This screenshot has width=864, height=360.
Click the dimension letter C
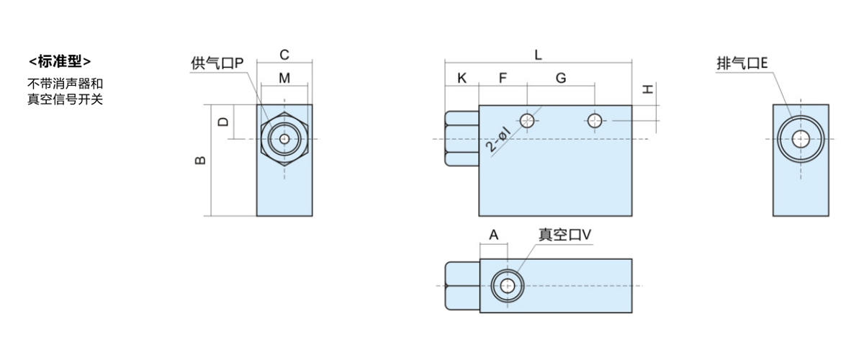pyautogui.click(x=284, y=55)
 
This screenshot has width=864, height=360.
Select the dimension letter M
pyautogui.click(x=284, y=78)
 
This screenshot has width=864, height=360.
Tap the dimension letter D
pyautogui.click(x=224, y=122)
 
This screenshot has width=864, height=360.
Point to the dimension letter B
pyautogui.click(x=201, y=160)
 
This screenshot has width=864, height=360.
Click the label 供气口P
pyautogui.click(x=217, y=63)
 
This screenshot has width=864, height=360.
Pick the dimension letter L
pyautogui.click(x=539, y=55)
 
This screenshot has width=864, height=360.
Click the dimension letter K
pyautogui.click(x=462, y=78)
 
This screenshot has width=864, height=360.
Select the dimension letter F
pyautogui.click(x=503, y=78)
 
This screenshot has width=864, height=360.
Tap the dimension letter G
pyautogui.click(x=561, y=78)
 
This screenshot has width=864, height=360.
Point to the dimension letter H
pyautogui.click(x=647, y=89)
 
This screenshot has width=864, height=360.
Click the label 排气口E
pyautogui.click(x=742, y=63)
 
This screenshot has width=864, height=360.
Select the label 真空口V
pyautogui.click(x=565, y=235)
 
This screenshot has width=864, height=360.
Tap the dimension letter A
pyautogui.click(x=494, y=235)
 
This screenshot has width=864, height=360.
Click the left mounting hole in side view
pyautogui.click(x=528, y=120)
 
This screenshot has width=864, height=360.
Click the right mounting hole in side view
pyautogui.click(x=595, y=120)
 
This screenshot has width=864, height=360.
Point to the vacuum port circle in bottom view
pyautogui.click(x=508, y=286)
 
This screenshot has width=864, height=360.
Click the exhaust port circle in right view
pyautogui.click(x=800, y=139)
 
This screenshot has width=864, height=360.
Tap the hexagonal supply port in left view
pyautogui.click(x=285, y=138)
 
